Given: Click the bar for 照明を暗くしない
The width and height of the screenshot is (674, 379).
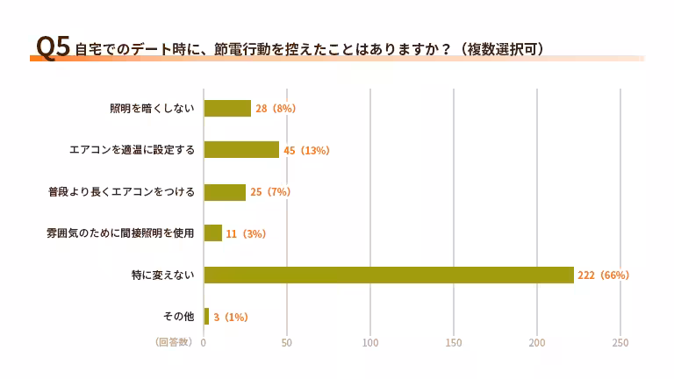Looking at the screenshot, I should click(227, 108).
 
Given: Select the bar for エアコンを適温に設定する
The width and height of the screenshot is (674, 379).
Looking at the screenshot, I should click(241, 149).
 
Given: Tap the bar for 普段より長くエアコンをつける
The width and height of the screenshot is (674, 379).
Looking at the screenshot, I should click(225, 191).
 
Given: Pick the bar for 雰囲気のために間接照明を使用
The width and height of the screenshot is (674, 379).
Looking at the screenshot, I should click(213, 232).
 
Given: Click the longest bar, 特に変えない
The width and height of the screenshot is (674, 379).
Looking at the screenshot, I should click(389, 275).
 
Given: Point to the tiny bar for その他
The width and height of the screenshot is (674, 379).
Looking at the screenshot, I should click(206, 316).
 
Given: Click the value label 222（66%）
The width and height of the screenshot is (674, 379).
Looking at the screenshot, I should click(604, 275).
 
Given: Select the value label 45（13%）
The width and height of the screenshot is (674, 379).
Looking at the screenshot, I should click(306, 150).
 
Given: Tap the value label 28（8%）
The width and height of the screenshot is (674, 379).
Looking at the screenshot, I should click(276, 108).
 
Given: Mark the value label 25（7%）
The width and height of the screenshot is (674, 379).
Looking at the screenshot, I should click(270, 191).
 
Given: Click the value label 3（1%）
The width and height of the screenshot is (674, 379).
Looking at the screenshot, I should click(231, 317).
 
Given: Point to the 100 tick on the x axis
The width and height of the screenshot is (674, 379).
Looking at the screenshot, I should click(370, 342).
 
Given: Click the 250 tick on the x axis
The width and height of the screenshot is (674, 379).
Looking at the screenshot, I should click(620, 342).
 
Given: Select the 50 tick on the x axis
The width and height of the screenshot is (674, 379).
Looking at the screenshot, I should click(287, 342).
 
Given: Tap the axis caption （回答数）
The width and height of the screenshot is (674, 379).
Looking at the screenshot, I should click(174, 341).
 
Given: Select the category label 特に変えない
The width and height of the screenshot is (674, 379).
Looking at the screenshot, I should click(162, 275).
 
